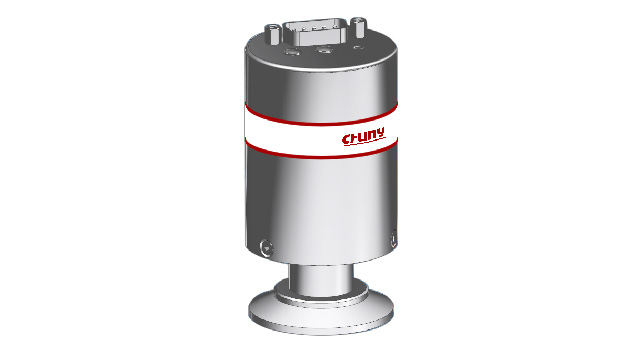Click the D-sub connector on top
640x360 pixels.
coord(316,32)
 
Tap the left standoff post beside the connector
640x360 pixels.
coord(272,34)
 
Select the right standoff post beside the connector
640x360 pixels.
coord(359,27)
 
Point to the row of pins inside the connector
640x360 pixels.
coord(316,28)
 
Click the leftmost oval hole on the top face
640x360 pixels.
coord(292,52)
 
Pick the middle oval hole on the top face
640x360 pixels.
coord(325,50)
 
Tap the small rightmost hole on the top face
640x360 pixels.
coord(358,48)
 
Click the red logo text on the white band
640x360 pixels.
coord(363,136)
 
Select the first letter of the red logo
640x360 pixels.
coord(347,140)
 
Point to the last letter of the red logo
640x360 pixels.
coord(380,133)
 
